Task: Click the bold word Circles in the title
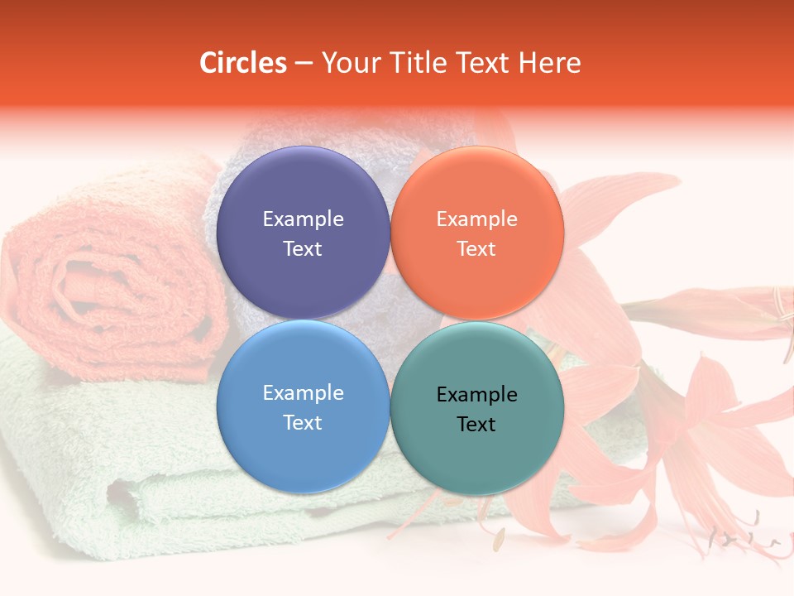coord(243,63)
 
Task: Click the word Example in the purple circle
coord(303,219)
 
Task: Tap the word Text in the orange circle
coord(476,249)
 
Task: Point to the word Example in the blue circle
coord(303,393)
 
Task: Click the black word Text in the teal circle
coord(476,425)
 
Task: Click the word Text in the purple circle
coord(303,249)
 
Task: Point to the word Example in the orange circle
coord(476,219)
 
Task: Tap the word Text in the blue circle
coord(303,423)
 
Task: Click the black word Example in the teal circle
coord(476,395)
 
